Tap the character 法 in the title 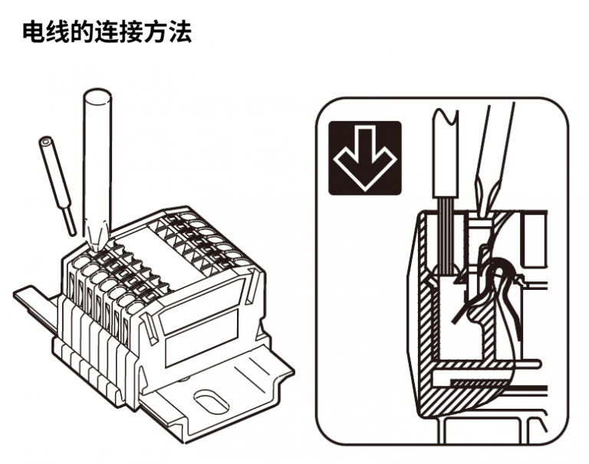(180, 32)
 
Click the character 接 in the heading (131, 32)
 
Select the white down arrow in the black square (365, 159)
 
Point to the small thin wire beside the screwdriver (58, 186)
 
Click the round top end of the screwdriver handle (97, 96)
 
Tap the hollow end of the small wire (45, 142)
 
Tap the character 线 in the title (58, 32)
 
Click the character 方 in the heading (156, 32)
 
